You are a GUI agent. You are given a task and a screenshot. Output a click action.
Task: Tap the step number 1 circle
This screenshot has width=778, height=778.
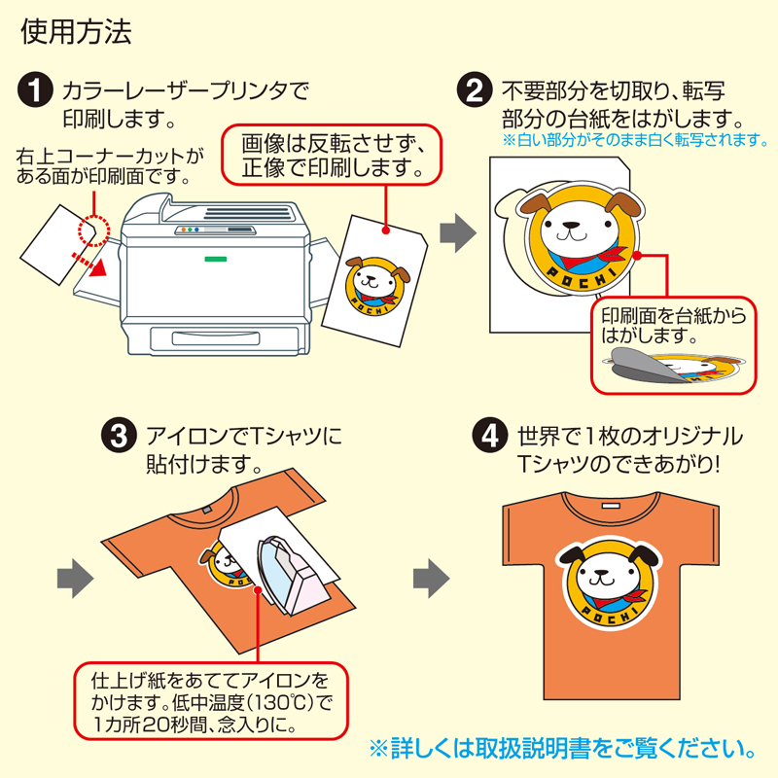point(36,93)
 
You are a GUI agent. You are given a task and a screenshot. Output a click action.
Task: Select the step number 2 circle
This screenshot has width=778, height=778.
point(475,93)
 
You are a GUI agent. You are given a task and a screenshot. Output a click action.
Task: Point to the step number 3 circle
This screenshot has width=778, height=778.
point(119,437)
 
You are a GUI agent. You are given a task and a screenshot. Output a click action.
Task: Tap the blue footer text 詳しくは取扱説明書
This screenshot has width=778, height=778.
point(562,750)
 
